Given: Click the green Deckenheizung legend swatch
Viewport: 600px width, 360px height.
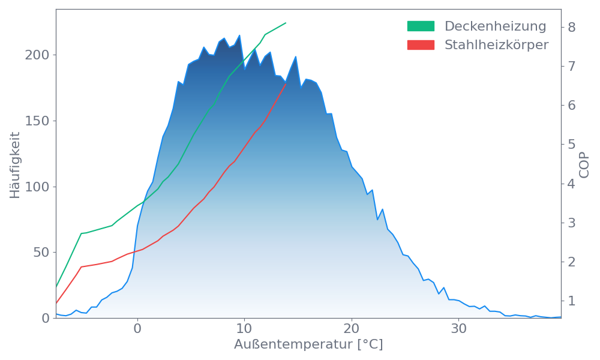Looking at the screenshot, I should click(421, 26).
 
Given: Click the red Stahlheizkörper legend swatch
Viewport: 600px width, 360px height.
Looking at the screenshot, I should click(421, 45).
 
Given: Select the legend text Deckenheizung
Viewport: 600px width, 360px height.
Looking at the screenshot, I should click(495, 26).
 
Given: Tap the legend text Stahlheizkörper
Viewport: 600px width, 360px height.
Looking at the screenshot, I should click(496, 45).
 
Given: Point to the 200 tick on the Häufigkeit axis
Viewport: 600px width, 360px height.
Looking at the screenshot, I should click(37, 55).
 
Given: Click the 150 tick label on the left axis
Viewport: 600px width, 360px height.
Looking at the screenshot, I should click(37, 121).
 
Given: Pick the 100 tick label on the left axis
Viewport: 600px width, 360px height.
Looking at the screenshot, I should click(37, 187).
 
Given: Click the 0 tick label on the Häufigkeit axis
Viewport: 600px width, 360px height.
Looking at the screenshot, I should click(45, 319).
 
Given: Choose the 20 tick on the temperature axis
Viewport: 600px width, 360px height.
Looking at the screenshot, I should click(352, 329).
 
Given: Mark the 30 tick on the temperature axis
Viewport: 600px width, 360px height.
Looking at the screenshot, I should click(459, 329).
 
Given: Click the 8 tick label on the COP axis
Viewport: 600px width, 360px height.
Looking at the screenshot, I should click(572, 27).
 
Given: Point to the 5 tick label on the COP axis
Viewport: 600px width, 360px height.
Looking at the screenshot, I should click(572, 145).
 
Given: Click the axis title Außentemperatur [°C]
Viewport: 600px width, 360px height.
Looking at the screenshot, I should click(308, 345).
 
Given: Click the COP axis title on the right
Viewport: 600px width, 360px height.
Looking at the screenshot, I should click(585, 164).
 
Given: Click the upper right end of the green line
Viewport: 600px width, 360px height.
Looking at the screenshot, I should click(286, 23).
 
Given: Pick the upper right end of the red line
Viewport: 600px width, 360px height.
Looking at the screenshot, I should click(286, 85).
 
